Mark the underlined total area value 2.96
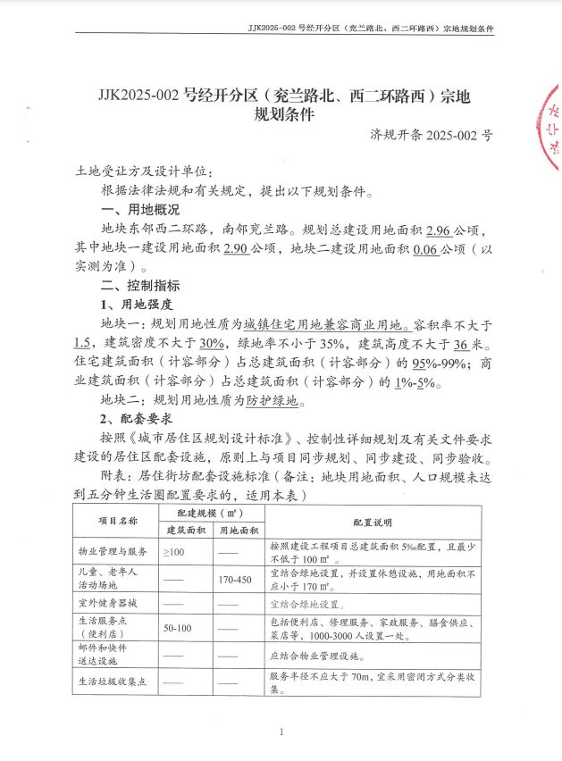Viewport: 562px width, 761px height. click(440, 230)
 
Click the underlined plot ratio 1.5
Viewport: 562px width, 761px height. click(84, 344)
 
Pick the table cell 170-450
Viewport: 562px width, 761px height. click(236, 579)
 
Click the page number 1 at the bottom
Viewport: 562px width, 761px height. click(281, 732)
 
